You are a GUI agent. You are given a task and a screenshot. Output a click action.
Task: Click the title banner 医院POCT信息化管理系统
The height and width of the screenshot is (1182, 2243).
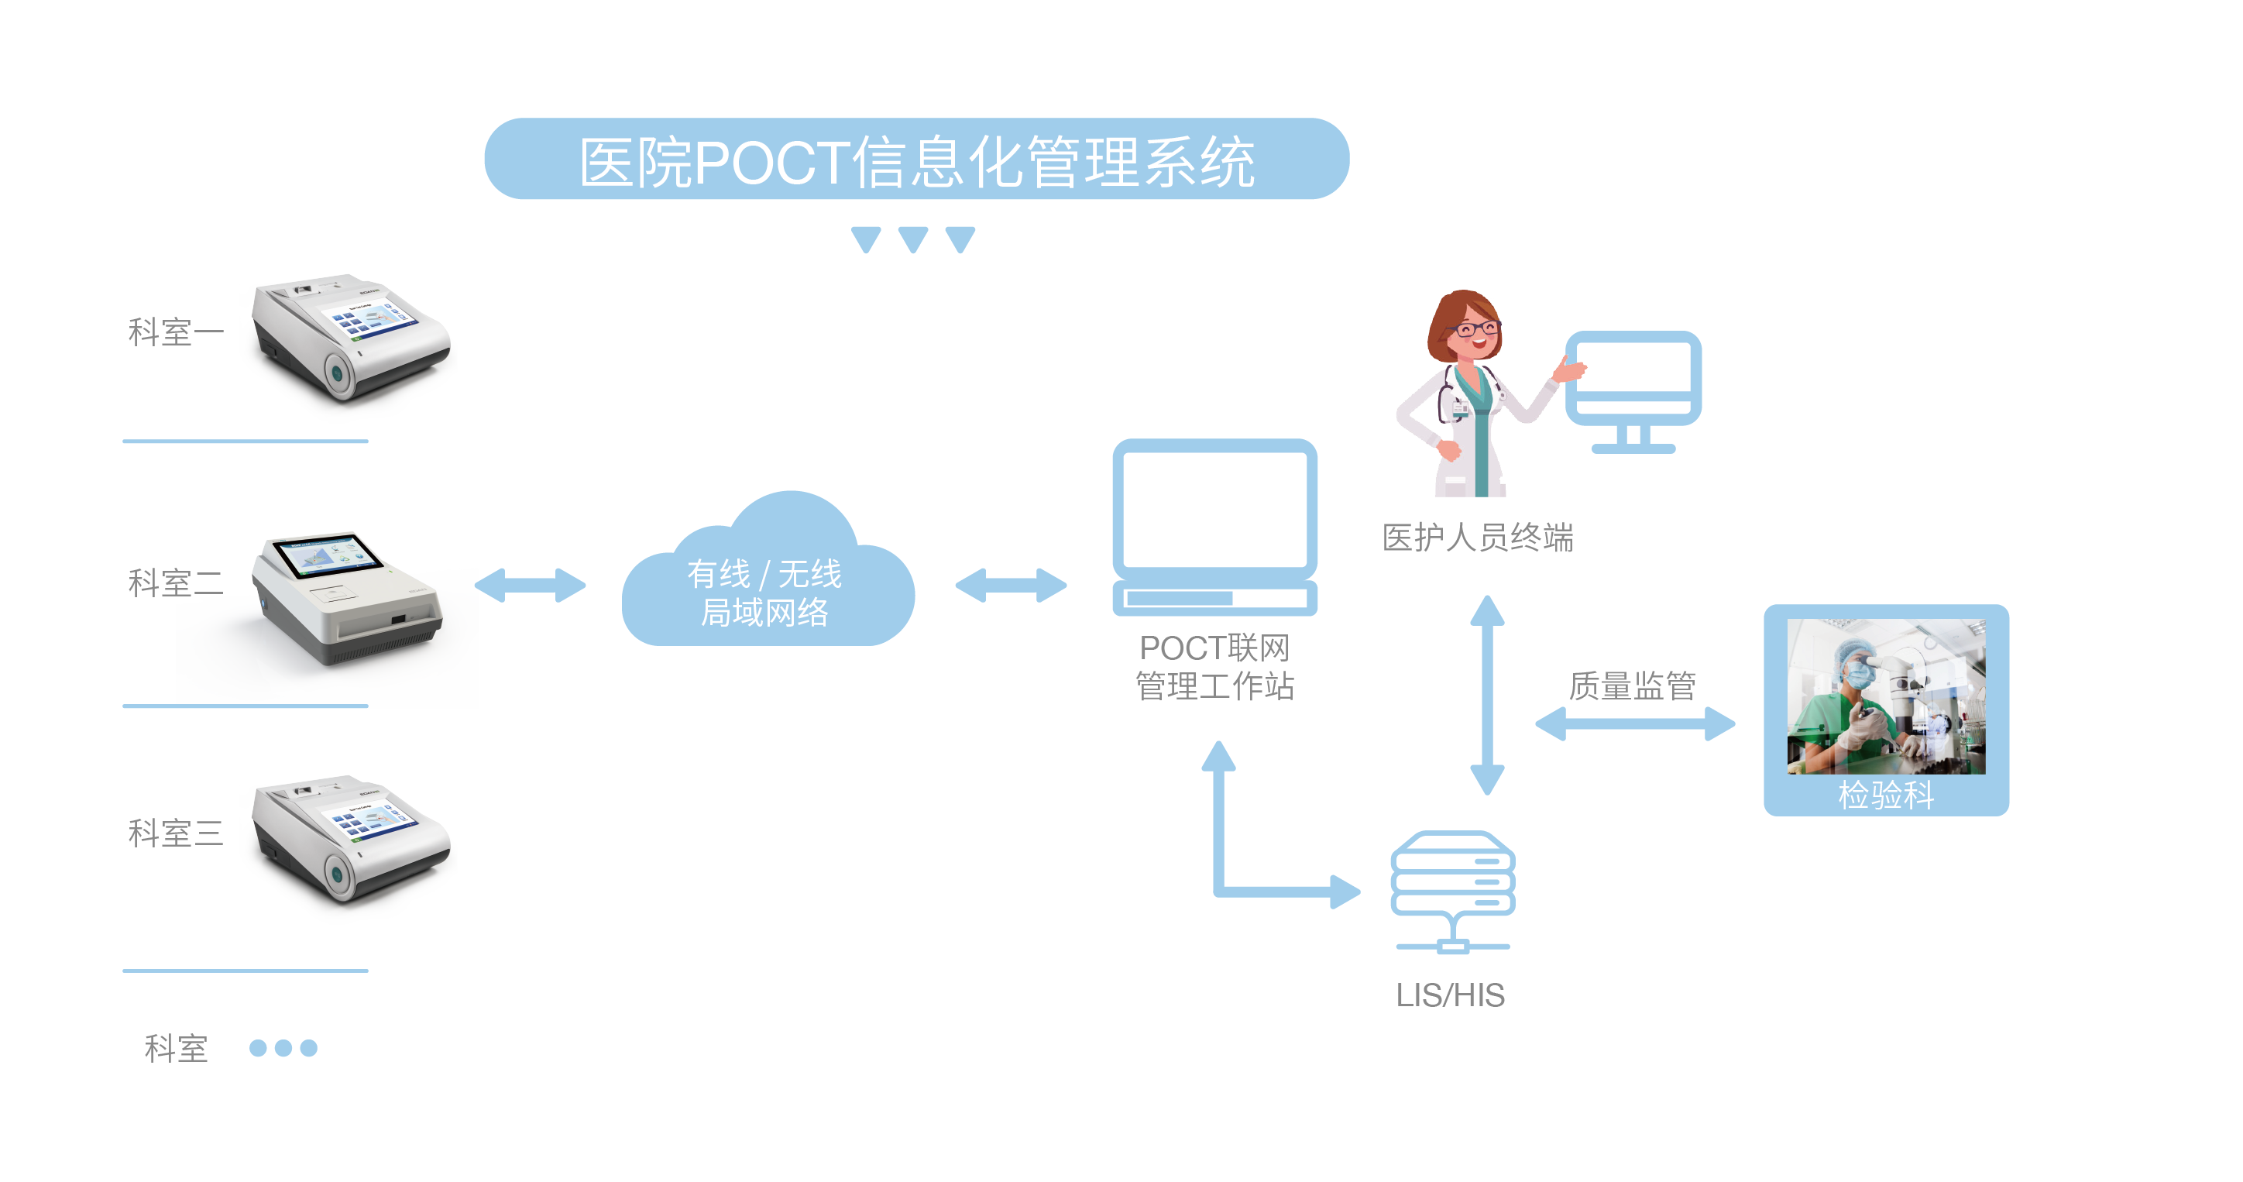coord(916,160)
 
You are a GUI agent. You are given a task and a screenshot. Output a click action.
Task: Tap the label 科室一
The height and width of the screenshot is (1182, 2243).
coord(175,332)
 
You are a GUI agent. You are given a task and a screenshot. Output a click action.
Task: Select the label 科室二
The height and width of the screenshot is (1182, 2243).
coord(175,582)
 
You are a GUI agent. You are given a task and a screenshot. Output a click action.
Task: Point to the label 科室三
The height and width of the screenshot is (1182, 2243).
coord(175,833)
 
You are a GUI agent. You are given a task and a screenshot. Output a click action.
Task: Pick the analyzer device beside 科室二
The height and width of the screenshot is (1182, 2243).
coord(349,601)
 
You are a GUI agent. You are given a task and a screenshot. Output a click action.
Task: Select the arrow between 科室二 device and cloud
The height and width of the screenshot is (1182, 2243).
coord(531,586)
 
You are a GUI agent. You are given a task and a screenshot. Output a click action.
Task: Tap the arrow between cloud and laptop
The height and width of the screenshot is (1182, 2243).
coord(1010,586)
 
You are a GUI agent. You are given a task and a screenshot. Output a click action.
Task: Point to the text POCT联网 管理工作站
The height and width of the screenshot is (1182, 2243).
coord(1214,667)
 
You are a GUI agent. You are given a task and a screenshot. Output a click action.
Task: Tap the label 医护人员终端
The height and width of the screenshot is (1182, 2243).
coord(1478,538)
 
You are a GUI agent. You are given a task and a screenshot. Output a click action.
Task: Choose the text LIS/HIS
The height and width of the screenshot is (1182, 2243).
coord(1451,995)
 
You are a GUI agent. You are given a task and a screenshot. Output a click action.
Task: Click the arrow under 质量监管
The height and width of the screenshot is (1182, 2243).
coord(1634,723)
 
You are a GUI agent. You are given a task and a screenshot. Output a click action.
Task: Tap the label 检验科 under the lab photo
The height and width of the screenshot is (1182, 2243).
coord(1886,795)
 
